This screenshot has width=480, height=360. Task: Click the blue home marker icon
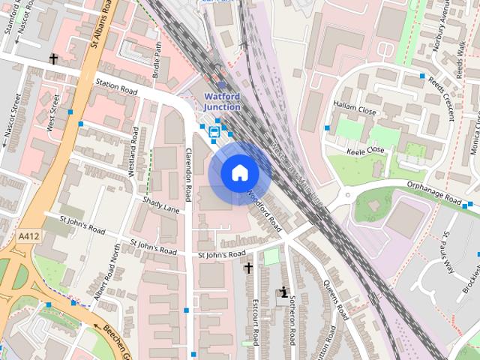pos(240,173)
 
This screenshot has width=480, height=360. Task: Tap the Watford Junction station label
pos(223,101)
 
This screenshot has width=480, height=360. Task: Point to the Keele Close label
pos(365,151)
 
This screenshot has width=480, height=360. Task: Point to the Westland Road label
pos(133,152)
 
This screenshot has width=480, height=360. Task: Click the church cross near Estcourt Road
pos(248,267)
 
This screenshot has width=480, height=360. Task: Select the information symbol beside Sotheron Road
pos(283,292)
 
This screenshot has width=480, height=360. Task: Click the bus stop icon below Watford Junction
pos(214,132)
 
